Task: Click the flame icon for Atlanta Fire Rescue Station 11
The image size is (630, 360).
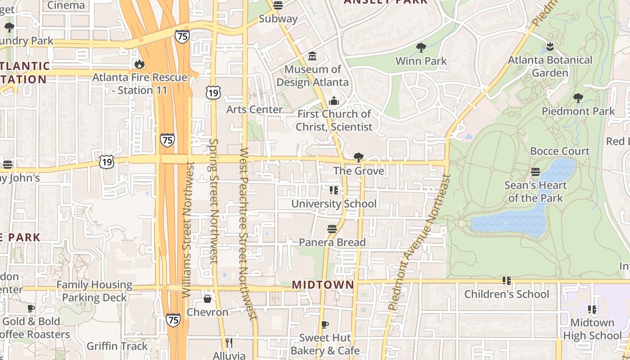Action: tap(139, 64)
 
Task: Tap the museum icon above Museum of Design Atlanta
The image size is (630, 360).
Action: tap(312, 56)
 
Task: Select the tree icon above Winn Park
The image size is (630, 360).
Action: tap(421, 47)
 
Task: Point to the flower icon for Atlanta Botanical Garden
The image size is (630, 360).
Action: tap(549, 46)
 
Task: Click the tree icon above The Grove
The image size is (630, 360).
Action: tap(359, 157)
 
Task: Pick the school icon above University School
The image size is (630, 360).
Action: tap(333, 190)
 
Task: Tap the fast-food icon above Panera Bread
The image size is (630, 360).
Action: tap(332, 229)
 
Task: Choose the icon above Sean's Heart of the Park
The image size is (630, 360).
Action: tap(535, 171)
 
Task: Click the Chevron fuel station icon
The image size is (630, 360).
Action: tap(207, 299)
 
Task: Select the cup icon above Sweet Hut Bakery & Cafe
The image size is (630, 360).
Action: tap(325, 324)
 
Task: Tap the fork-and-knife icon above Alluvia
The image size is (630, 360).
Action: tap(229, 343)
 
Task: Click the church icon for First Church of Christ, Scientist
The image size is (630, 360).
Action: tap(334, 100)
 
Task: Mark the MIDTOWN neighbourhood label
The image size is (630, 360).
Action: tap(323, 285)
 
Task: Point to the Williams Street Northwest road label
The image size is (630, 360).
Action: tap(188, 229)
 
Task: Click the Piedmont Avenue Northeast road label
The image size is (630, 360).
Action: tap(419, 243)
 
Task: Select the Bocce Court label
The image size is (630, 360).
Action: tap(560, 151)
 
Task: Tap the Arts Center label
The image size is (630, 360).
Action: tap(254, 109)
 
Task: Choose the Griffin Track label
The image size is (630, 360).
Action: tap(117, 346)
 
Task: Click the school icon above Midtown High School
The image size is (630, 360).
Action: tap(592, 310)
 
